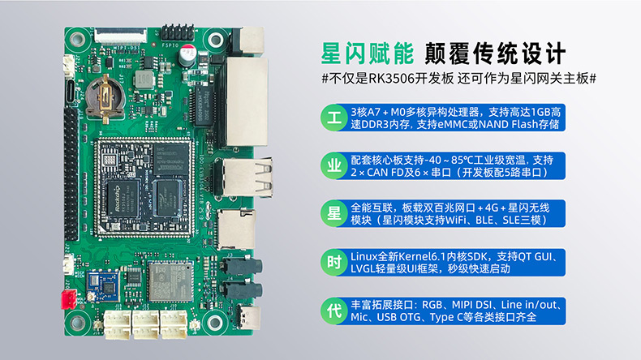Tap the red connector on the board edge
coord(68,299)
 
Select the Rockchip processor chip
coord(122,199)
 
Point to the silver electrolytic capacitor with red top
coord(187,56)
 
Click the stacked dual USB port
coord(244,178)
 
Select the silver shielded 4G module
coord(170,281)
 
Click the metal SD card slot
coord(236,229)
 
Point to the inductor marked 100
coord(144,79)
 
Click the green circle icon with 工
coord(334,118)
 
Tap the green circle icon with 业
coord(334,166)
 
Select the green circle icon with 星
coord(334,214)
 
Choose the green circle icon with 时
coord(334,263)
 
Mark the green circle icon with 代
coord(334,311)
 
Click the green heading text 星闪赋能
coord(367,54)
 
